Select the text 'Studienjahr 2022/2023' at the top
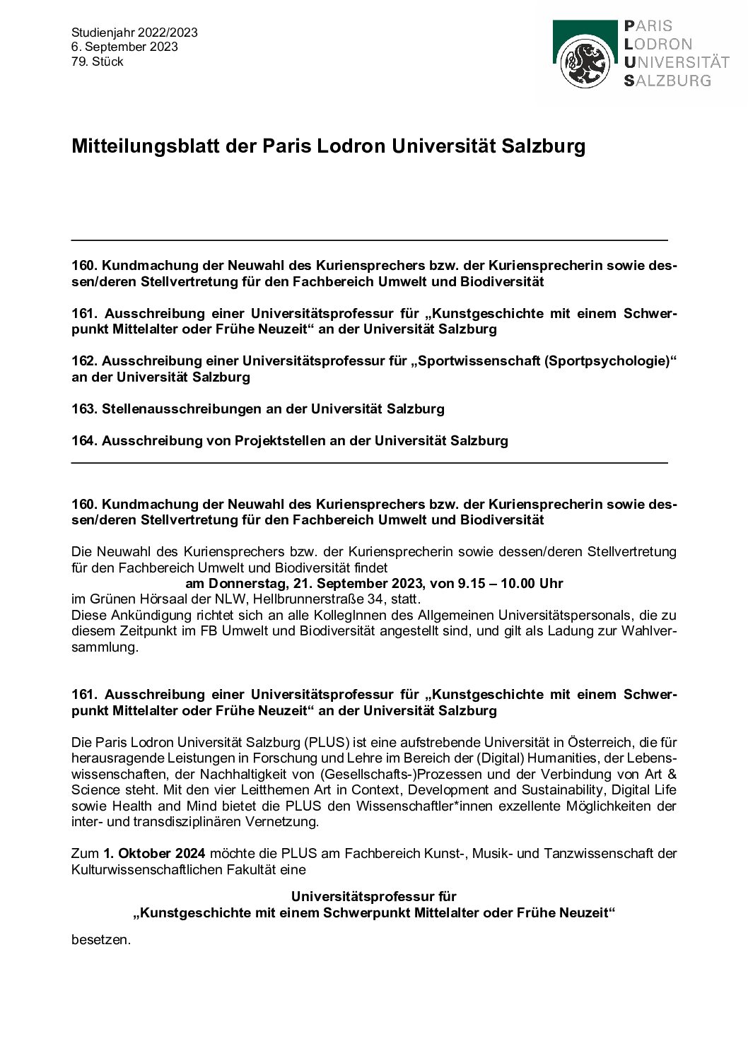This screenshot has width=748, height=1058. click(x=134, y=33)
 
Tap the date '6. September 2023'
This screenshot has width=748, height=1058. click(x=124, y=47)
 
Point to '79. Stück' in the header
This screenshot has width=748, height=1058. click(x=98, y=61)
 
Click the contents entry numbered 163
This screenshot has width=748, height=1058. click(x=258, y=408)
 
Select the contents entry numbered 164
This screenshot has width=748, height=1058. click(x=290, y=440)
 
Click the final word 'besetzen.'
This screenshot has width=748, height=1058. click(x=101, y=940)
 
